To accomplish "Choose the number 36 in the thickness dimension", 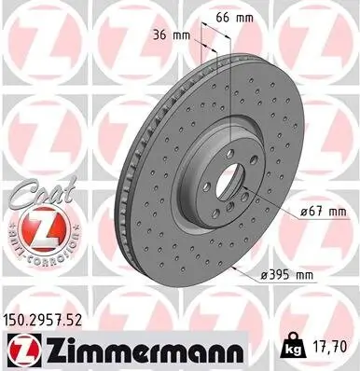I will pyautogui.click(x=160, y=36).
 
